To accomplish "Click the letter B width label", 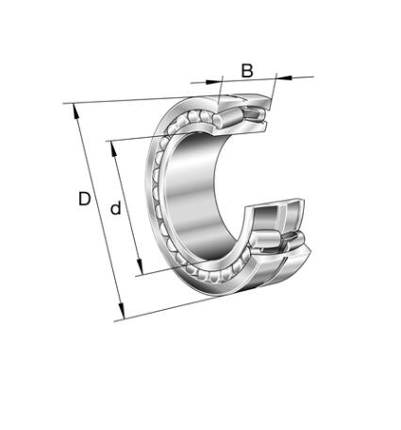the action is click(x=247, y=71).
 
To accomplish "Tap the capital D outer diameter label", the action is click(x=84, y=198).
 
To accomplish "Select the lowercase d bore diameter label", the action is click(x=116, y=208).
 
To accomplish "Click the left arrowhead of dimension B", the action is click(x=212, y=82).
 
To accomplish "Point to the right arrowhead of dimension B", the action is click(x=284, y=77).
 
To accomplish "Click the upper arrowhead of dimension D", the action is click(x=75, y=112).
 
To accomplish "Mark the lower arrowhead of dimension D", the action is click(x=122, y=311).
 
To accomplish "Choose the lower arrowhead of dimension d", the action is click(x=140, y=267).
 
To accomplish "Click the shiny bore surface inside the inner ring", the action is click(x=192, y=192).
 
